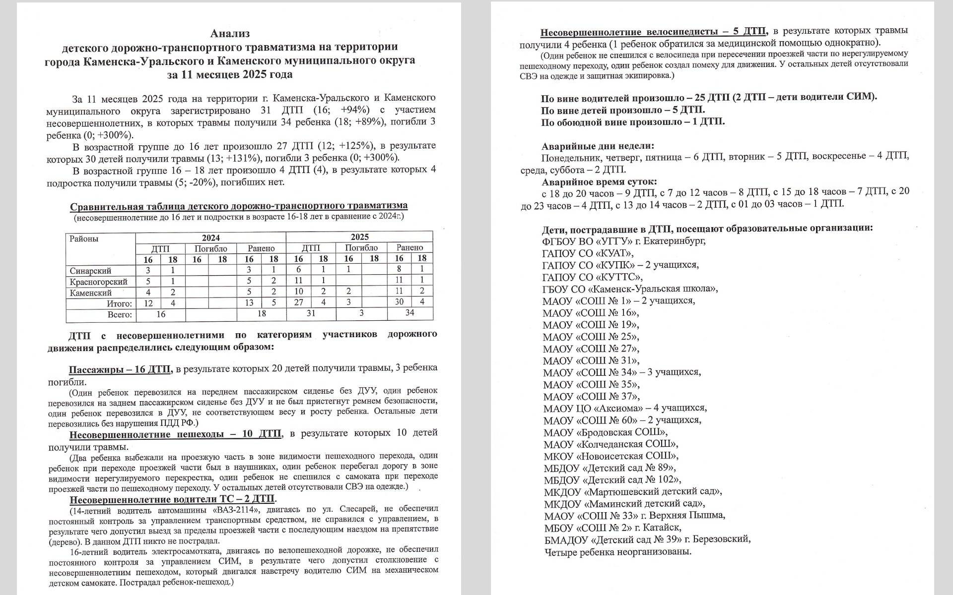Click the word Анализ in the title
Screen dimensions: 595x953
pyautogui.click(x=230, y=34)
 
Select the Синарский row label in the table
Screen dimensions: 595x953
pyautogui.click(x=90, y=271)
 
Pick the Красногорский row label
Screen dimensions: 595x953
pyautogui.click(x=98, y=282)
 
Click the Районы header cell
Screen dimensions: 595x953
pyautogui.click(x=84, y=238)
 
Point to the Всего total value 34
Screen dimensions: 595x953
pyautogui.click(x=409, y=313)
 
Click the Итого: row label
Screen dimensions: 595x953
pyautogui.click(x=119, y=303)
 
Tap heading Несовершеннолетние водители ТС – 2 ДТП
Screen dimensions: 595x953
pyautogui.click(x=173, y=499)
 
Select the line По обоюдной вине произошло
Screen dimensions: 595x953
pyautogui.click(x=632, y=122)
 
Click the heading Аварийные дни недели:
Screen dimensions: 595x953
pyautogui.click(x=598, y=146)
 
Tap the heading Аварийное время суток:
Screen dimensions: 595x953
pyautogui.click(x=599, y=181)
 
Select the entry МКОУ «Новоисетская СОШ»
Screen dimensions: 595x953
pyautogui.click(x=611, y=456)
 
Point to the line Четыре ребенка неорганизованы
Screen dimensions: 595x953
pyautogui.click(x=617, y=551)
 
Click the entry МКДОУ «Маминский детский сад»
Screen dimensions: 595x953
pyautogui.click(x=624, y=503)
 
